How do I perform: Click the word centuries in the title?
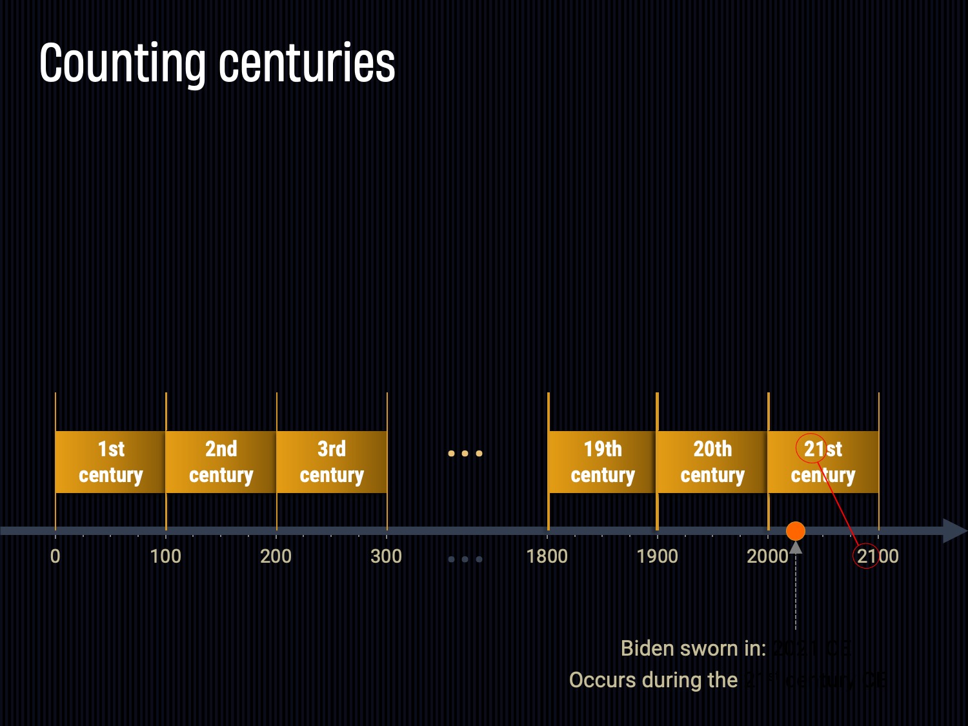pos(307,63)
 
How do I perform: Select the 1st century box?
pos(110,462)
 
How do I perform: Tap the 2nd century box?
pos(221,462)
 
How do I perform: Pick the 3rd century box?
pos(332,462)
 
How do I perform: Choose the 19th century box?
pos(602,462)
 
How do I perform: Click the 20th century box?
pos(712,462)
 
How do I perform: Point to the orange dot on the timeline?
pos(796,531)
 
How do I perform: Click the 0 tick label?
pos(55,556)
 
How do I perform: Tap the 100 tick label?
pos(165,556)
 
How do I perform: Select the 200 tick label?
pos(276,556)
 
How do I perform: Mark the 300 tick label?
pos(386,556)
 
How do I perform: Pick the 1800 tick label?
pos(547,556)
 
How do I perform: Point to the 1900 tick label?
pos(657,556)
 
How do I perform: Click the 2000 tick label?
pos(767,556)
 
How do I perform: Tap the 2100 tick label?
pos(878,556)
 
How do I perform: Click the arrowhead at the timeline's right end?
pos(954,530)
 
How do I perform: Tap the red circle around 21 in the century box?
pos(811,448)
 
